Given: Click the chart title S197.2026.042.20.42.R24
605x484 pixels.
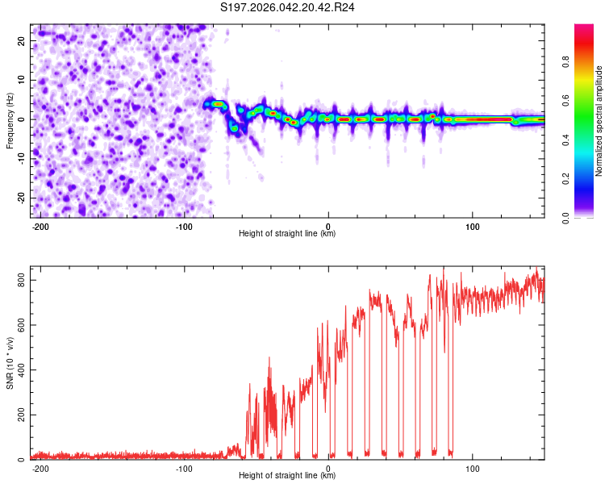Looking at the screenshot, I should click(288, 7).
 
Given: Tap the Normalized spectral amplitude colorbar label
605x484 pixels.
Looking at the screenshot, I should click(599, 121).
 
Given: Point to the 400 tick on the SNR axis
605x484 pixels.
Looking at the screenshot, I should click(19, 369).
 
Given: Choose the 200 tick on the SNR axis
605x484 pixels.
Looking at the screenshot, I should click(19, 415).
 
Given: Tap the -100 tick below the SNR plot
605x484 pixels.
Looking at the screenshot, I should click(183, 468).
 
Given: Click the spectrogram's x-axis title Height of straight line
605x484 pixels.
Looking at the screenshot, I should click(287, 234).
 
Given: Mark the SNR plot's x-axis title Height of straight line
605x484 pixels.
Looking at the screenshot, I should click(287, 476).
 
